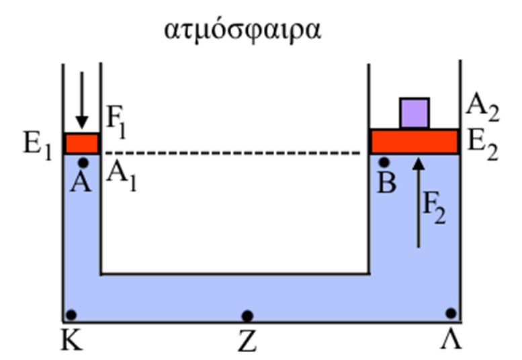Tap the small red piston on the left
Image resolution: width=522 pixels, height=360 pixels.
tap(81, 143)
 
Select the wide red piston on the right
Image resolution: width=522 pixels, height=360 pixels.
tap(415, 142)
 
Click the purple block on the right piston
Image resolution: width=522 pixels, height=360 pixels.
tap(415, 113)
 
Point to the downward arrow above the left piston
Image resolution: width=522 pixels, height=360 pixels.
tap(81, 99)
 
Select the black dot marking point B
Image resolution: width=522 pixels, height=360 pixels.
tap(384, 162)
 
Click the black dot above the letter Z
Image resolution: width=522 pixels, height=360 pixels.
tap(247, 315)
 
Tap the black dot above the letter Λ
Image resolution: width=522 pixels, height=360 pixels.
tap(451, 313)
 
